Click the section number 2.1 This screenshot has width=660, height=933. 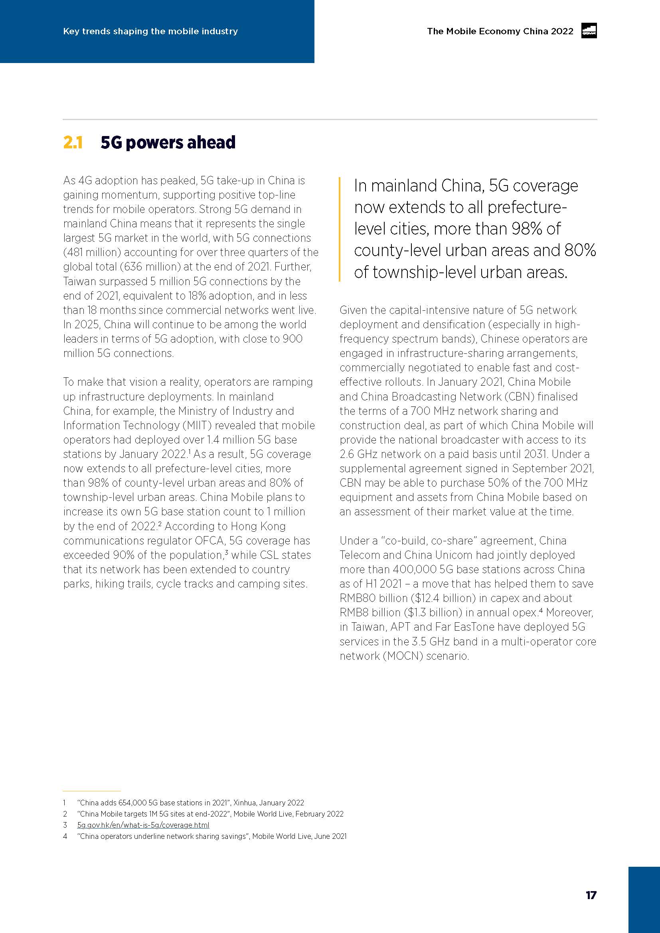[x=73, y=143]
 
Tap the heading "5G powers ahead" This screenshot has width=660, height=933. [x=168, y=143]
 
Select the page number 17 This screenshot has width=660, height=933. [x=591, y=895]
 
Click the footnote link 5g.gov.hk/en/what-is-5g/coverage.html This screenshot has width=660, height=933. [x=143, y=825]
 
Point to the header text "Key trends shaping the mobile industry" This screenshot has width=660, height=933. [x=150, y=31]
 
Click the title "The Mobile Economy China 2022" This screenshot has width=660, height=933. [x=500, y=31]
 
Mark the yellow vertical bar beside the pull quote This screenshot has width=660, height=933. [x=340, y=229]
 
